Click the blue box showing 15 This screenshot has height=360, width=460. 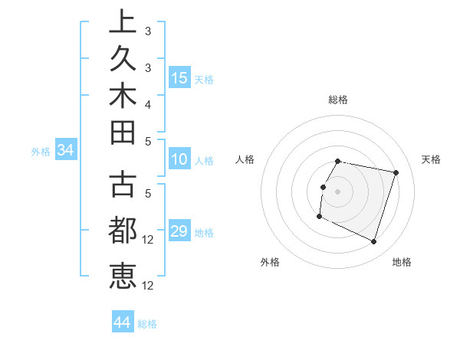click(179, 77)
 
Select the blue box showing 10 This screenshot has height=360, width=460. click(179, 159)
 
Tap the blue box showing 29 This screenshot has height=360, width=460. click(179, 231)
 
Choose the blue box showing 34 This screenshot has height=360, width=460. click(66, 150)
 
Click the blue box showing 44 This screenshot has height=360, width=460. click(123, 322)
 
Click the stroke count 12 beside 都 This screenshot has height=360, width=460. click(149, 240)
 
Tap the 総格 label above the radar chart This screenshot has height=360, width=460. click(338, 100)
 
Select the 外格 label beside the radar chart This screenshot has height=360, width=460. click(270, 262)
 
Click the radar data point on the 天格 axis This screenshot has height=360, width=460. click(396, 173)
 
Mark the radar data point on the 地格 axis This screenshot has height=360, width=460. click(373, 241)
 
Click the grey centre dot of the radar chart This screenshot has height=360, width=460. click(338, 191)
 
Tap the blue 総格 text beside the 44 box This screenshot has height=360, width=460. click(147, 324)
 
